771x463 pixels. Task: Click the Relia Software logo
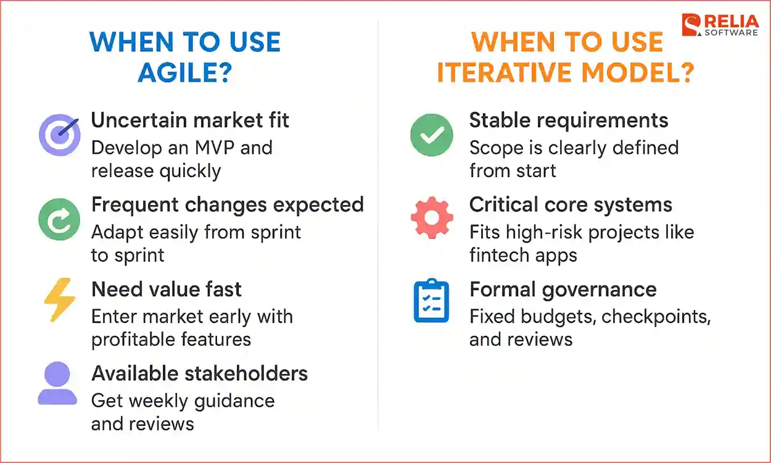[719, 24]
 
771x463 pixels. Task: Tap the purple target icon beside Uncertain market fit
[59, 136]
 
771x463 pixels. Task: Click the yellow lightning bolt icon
[59, 299]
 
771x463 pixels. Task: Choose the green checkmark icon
[432, 135]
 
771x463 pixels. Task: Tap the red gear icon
[432, 218]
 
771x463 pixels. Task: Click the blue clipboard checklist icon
[431, 301]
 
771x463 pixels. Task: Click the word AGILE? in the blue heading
[184, 73]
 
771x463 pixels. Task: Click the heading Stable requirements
[569, 120]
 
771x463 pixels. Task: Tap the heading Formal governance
[563, 289]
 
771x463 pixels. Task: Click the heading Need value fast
[167, 289]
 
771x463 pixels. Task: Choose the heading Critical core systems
[571, 204]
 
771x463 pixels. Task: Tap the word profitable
[128, 339]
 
